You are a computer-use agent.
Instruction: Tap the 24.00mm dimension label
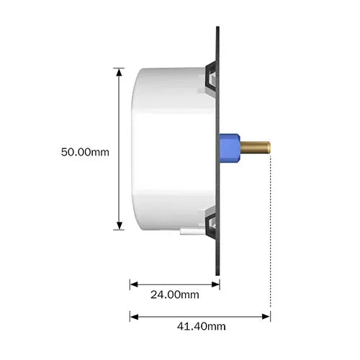[174, 295]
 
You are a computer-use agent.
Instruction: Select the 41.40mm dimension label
[202, 326]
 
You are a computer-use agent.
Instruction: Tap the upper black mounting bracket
[212, 76]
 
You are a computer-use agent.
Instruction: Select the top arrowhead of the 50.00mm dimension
[119, 71]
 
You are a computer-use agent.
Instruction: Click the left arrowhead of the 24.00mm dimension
[133, 284]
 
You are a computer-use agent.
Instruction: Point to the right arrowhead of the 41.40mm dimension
[266, 315]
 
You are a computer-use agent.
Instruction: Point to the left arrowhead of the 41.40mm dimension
[133, 315]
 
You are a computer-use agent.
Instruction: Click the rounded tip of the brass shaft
[268, 148]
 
